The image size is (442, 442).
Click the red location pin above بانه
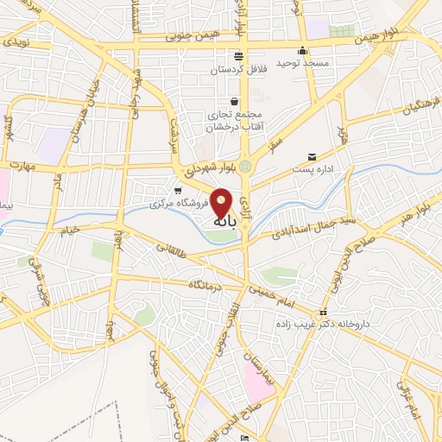point(222,202)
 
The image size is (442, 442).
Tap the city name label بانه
point(222,222)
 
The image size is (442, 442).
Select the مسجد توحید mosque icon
point(302,50)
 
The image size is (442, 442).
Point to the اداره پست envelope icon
point(312,158)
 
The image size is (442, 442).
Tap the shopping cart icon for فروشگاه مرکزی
point(178,191)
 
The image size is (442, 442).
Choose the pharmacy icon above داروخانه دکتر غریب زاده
point(323,313)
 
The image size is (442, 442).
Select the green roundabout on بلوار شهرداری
point(244,166)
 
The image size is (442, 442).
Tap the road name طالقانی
point(171,248)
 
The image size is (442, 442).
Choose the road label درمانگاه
point(212,283)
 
